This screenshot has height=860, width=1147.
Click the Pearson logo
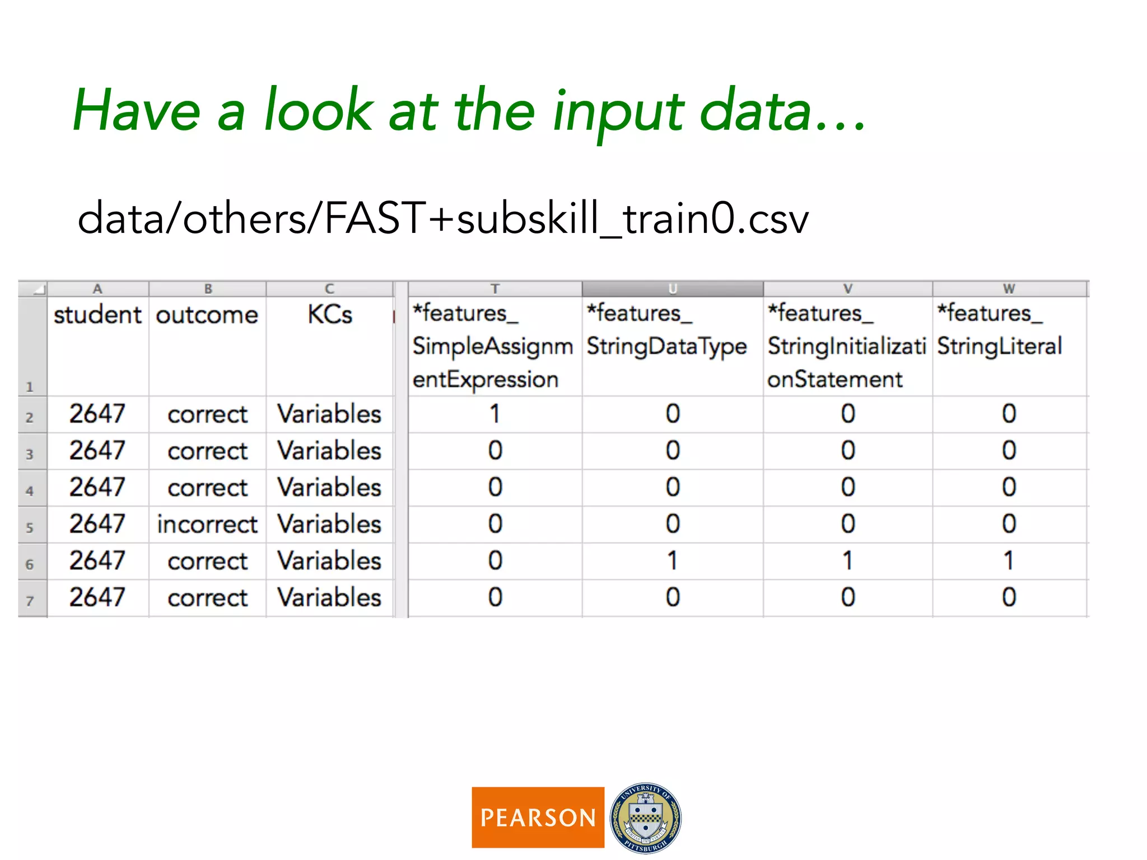[x=538, y=817]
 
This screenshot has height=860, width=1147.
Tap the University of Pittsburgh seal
[x=645, y=817]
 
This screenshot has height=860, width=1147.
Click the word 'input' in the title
[x=618, y=112]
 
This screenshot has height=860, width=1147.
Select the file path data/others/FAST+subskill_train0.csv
[x=442, y=218]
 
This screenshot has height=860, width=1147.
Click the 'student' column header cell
[x=97, y=315]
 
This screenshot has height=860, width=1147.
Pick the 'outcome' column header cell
[x=207, y=315]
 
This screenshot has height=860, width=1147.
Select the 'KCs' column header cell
[x=329, y=315]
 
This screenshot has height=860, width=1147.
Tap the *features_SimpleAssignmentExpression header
[x=493, y=346]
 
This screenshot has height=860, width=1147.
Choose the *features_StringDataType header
[x=666, y=330]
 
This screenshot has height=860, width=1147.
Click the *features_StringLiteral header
[x=1000, y=330]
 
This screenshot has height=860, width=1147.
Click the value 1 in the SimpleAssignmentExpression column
[x=495, y=414]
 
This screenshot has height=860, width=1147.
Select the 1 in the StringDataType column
[x=673, y=561]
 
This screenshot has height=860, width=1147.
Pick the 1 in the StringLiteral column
[x=1009, y=561]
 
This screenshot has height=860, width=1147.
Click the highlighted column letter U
[x=673, y=289]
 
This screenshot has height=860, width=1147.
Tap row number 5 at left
[x=30, y=527]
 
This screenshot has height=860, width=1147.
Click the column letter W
[x=1009, y=289]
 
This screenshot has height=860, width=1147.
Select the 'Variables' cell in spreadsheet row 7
[x=329, y=597]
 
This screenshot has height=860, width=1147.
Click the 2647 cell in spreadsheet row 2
[x=97, y=414]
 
